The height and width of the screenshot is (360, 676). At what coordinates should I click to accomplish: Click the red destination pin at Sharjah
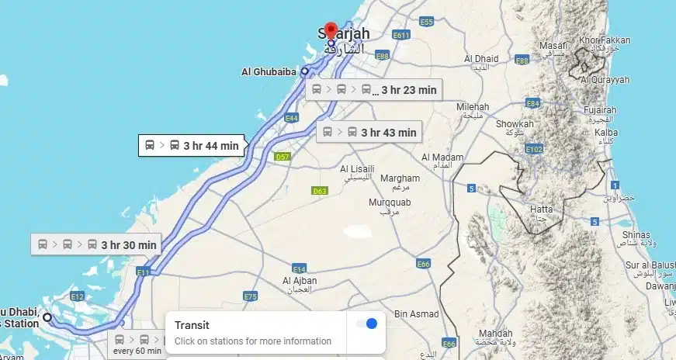click(331, 30)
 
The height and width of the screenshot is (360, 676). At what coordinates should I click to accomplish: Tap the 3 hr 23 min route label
click(373, 90)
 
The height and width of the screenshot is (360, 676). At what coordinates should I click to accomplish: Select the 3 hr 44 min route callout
click(192, 145)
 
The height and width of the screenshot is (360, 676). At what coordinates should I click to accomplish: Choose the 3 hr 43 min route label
click(369, 132)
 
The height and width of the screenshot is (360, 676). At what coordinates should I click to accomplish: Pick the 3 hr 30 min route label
click(97, 244)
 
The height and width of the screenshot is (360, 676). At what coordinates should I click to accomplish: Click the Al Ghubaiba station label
click(269, 72)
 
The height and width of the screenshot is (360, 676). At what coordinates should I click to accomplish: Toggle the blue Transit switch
click(366, 324)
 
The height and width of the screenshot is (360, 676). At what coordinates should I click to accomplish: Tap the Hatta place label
click(540, 209)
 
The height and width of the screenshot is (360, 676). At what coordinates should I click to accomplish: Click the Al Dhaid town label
click(481, 59)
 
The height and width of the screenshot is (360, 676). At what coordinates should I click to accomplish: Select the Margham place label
click(400, 178)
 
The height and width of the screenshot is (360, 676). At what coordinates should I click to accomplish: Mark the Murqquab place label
click(389, 202)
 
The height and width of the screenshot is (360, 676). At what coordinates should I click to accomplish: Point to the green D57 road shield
click(283, 157)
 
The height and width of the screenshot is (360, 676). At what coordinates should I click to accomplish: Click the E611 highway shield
click(401, 36)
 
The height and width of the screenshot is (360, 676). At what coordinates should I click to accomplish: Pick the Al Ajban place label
click(298, 281)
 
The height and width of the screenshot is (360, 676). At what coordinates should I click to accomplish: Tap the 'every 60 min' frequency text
click(137, 351)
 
